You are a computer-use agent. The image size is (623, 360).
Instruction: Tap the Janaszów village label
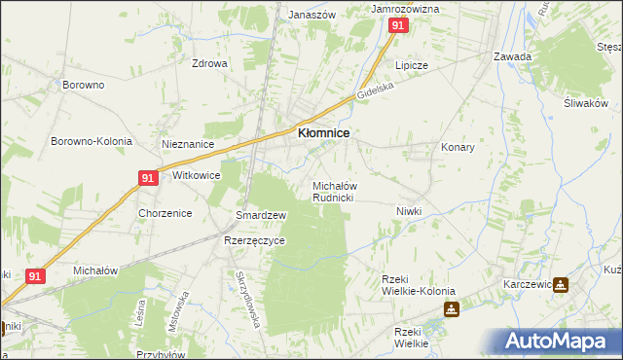click(311, 16)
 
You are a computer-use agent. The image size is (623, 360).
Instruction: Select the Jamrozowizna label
click(406, 9)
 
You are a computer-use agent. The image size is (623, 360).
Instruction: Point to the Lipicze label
click(411, 65)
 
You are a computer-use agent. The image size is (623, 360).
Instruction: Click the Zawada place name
click(512, 56)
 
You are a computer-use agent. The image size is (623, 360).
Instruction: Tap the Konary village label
click(458, 147)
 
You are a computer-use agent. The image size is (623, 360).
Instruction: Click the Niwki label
click(408, 211)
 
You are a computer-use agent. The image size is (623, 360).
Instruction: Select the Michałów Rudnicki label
click(333, 191)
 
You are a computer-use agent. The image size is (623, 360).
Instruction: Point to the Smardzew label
click(260, 215)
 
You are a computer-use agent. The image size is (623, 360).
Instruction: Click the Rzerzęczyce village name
click(254, 240)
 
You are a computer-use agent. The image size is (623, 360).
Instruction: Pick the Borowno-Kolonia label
click(92, 141)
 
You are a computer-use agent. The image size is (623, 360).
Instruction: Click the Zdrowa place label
click(209, 64)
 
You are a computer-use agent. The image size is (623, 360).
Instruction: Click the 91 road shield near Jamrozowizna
click(397, 26)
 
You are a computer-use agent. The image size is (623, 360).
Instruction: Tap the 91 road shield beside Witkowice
click(147, 178)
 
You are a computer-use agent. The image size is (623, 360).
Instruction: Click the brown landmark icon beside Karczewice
click(562, 285)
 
